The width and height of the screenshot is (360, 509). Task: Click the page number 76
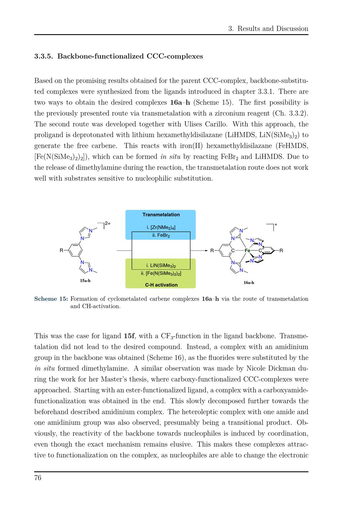click(x=38, y=478)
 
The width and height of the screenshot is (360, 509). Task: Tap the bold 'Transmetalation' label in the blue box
click(x=161, y=215)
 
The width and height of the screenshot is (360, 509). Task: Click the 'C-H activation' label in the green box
click(x=161, y=285)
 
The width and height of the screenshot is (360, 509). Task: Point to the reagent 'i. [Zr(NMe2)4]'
click(x=161, y=228)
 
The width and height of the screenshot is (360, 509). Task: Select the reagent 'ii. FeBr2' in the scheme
click(x=161, y=235)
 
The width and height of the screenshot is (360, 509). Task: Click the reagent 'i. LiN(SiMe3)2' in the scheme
click(x=161, y=266)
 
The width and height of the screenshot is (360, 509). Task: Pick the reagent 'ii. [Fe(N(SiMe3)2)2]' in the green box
click(x=161, y=274)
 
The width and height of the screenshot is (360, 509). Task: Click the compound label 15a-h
click(x=85, y=281)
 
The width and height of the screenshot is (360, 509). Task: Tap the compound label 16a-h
click(x=249, y=283)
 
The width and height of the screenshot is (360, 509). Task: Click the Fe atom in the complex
click(x=247, y=251)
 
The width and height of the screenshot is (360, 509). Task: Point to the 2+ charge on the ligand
click(x=108, y=224)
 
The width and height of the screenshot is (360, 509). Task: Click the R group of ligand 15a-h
click(x=62, y=251)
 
